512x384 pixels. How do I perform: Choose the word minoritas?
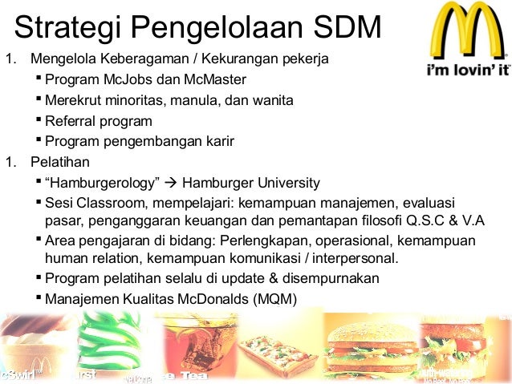tap(142, 100)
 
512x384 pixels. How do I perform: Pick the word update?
tap(241, 278)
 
